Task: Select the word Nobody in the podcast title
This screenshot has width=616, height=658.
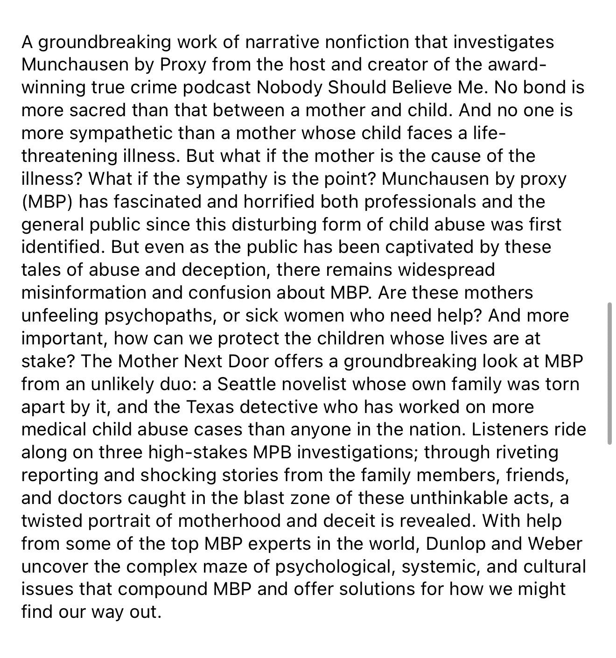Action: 293,87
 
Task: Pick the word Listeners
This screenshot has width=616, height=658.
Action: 510,429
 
